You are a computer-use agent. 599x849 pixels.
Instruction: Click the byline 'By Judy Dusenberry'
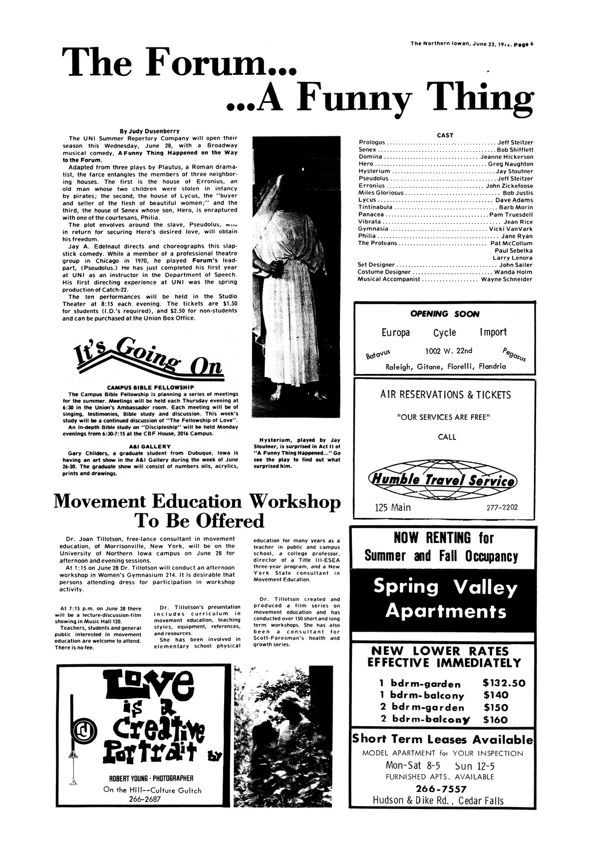pyautogui.click(x=149, y=131)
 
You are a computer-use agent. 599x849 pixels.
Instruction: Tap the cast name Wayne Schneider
pyautogui.click(x=507, y=279)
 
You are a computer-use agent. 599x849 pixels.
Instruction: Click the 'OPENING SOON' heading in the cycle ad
pyautogui.click(x=444, y=314)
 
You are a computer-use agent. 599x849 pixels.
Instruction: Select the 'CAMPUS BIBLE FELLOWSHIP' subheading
pyautogui.click(x=150, y=387)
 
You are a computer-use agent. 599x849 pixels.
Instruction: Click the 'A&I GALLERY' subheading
pyautogui.click(x=150, y=445)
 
